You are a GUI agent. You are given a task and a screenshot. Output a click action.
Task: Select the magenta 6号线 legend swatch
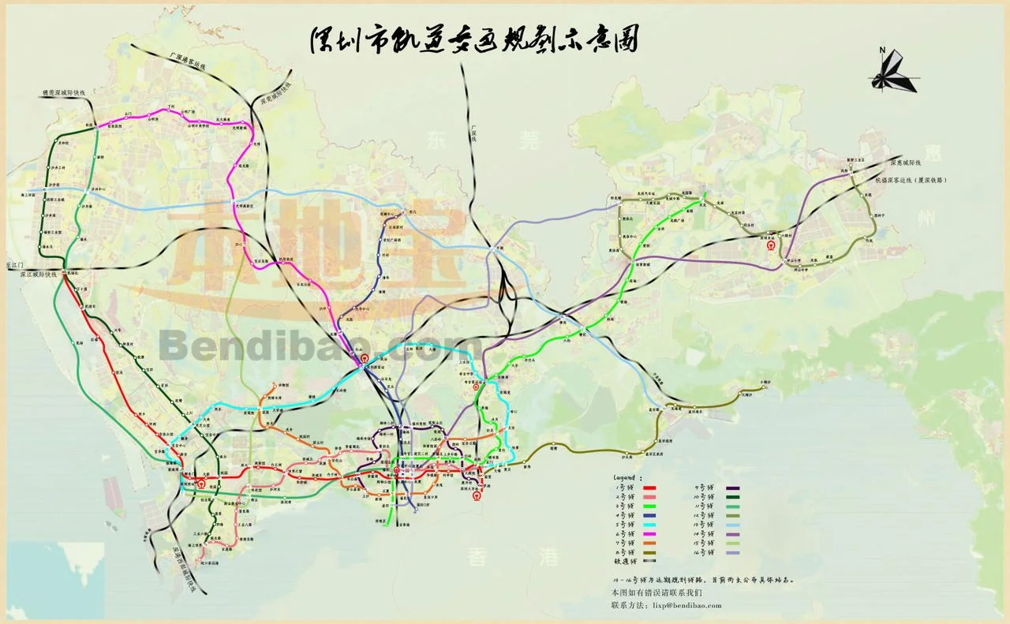pos(650,533)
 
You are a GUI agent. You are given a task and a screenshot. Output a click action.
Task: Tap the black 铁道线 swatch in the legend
pos(650,562)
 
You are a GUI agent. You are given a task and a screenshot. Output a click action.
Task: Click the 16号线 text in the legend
pos(705,553)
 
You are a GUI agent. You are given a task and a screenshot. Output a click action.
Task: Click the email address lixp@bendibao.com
pos(683,605)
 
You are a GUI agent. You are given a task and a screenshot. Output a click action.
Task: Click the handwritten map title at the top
pos(473,40)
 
